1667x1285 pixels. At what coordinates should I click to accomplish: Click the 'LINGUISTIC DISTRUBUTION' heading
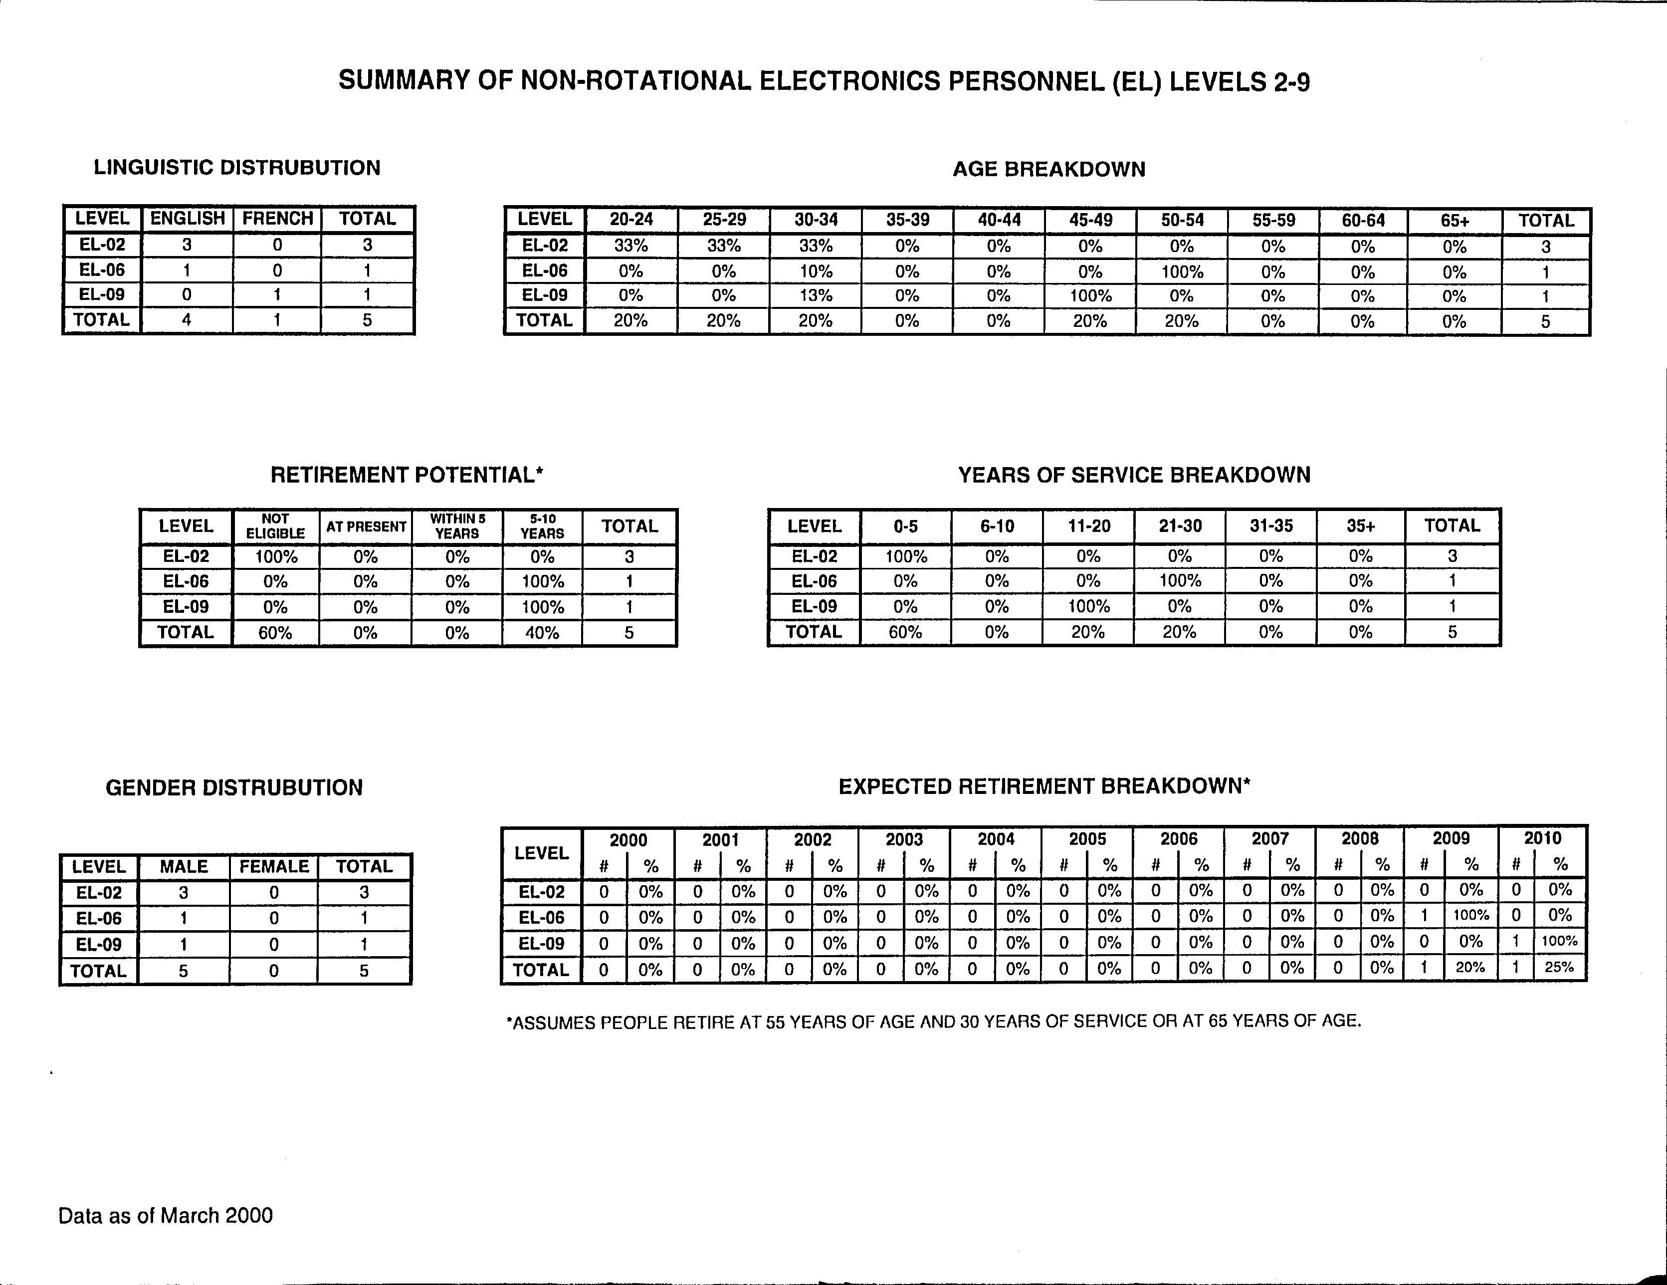(236, 168)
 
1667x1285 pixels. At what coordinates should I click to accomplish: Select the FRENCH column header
(278, 219)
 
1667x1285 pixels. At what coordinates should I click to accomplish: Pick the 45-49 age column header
(1090, 220)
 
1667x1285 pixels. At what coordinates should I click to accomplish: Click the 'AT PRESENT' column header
(366, 527)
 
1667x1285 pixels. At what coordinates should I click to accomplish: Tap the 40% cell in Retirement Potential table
(542, 633)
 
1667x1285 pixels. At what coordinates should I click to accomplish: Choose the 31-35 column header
(1271, 526)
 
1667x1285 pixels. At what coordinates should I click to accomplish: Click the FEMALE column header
(274, 867)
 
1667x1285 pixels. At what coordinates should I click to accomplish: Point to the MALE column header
(184, 867)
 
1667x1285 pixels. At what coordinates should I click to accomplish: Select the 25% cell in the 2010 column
(1559, 968)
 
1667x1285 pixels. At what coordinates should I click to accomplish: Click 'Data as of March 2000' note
(166, 1216)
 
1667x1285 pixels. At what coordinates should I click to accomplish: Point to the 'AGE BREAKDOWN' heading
(1049, 170)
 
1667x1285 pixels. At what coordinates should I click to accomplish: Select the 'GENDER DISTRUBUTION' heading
(234, 788)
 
